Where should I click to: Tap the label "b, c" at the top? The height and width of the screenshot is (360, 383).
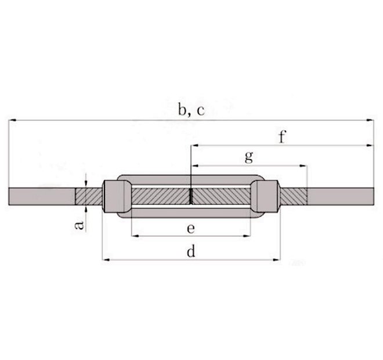pos(191,110)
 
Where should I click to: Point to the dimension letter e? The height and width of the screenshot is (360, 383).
pos(190,228)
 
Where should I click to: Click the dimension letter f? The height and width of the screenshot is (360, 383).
pos(283,138)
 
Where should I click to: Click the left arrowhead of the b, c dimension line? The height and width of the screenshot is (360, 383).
pos(12,121)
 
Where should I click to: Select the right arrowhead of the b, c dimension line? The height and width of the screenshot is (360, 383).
pos(371,121)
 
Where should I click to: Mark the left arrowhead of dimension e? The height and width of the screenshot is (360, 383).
pos(135,236)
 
